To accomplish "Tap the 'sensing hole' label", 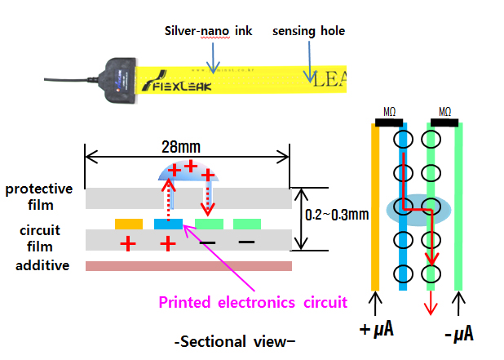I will (308, 31).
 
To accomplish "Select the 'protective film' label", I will (38, 197).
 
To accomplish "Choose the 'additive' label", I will (38, 265).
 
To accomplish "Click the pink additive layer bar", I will (188, 266).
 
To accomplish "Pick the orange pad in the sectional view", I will (129, 224).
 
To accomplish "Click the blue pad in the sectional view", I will (168, 224).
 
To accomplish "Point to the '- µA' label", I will (458, 332).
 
